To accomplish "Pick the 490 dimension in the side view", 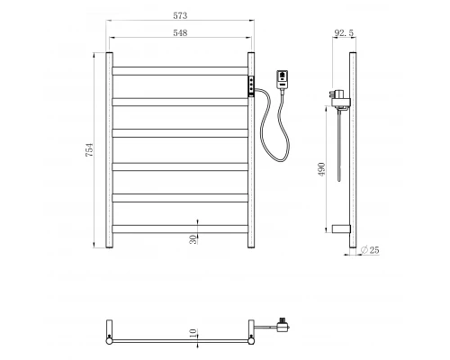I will coord(321,169).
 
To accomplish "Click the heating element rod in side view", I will coord(337,162).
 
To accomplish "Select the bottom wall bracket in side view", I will coord(339,229).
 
